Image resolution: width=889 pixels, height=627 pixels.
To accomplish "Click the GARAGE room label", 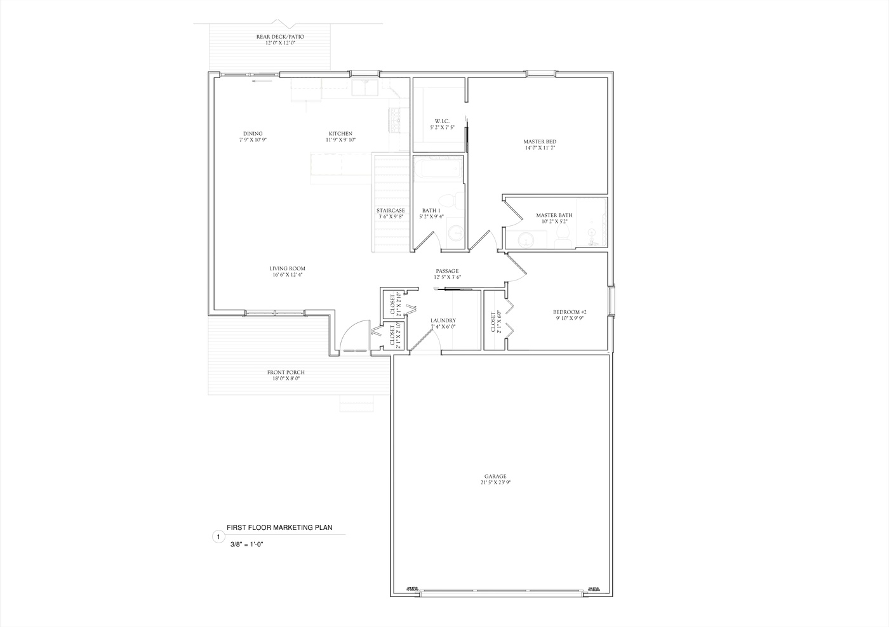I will click(495, 476).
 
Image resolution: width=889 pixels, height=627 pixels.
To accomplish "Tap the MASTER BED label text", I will click(540, 142).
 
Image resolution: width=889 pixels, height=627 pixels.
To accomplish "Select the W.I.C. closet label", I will click(442, 121).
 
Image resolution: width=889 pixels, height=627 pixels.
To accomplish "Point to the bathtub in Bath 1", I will click(438, 170).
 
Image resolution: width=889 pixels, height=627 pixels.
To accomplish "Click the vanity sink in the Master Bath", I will click(526, 240).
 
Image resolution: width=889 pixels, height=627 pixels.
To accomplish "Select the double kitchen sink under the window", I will click(365, 88).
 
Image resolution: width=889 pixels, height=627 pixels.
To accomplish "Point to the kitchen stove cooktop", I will click(396, 120).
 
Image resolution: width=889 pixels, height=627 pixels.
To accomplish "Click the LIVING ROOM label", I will click(287, 268).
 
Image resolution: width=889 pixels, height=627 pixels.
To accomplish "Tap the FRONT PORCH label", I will click(285, 373).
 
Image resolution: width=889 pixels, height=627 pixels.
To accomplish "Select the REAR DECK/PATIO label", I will click(280, 37).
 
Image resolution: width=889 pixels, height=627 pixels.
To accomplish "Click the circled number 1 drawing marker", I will click(218, 537).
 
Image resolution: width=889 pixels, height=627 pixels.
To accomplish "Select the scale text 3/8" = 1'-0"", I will click(247, 544).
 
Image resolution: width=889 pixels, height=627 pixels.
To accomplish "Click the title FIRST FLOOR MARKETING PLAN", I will click(279, 527).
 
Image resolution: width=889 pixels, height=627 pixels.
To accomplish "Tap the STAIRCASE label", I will click(391, 211).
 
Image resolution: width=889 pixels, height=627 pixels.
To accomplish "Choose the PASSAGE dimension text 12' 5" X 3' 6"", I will click(447, 277).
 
